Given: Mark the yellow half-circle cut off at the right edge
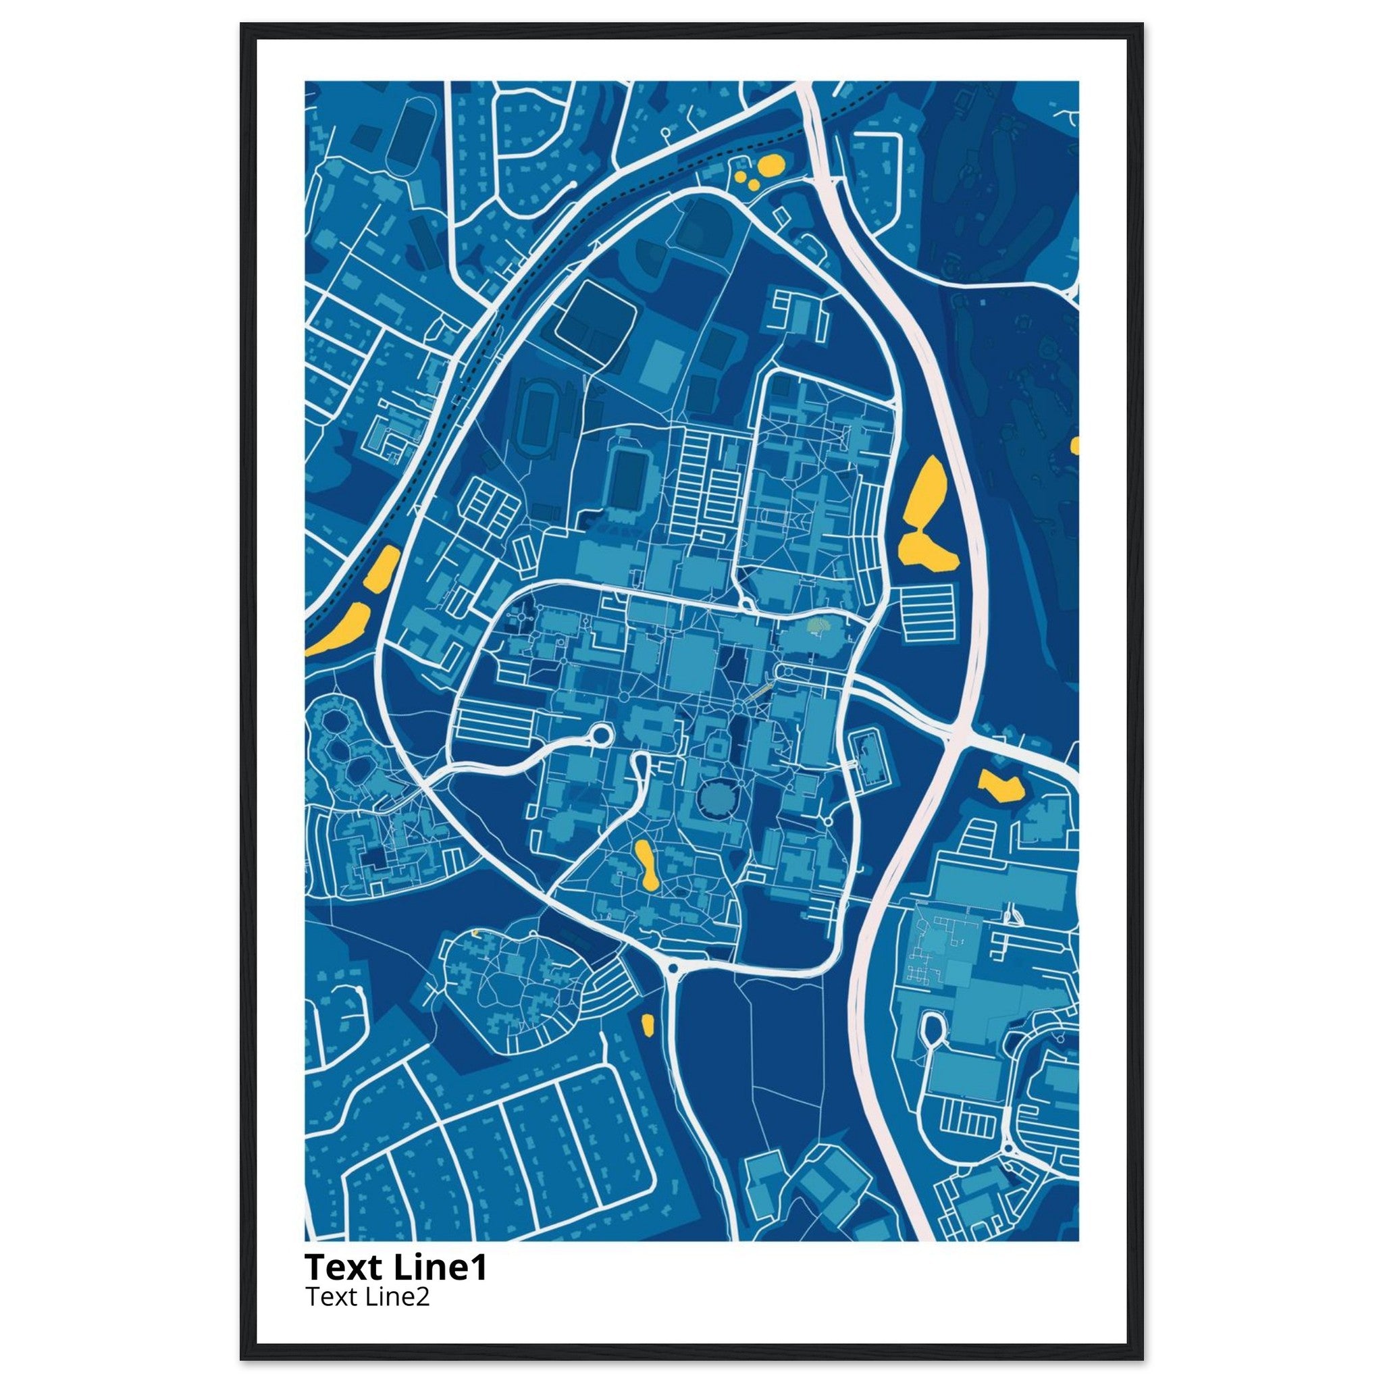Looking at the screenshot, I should [x=1074, y=446].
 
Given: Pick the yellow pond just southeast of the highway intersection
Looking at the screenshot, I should [x=1002, y=786].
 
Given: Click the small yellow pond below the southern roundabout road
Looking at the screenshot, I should [x=648, y=1025].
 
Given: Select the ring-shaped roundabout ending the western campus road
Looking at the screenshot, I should [x=598, y=734].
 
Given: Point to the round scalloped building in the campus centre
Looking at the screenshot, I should [x=713, y=797].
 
